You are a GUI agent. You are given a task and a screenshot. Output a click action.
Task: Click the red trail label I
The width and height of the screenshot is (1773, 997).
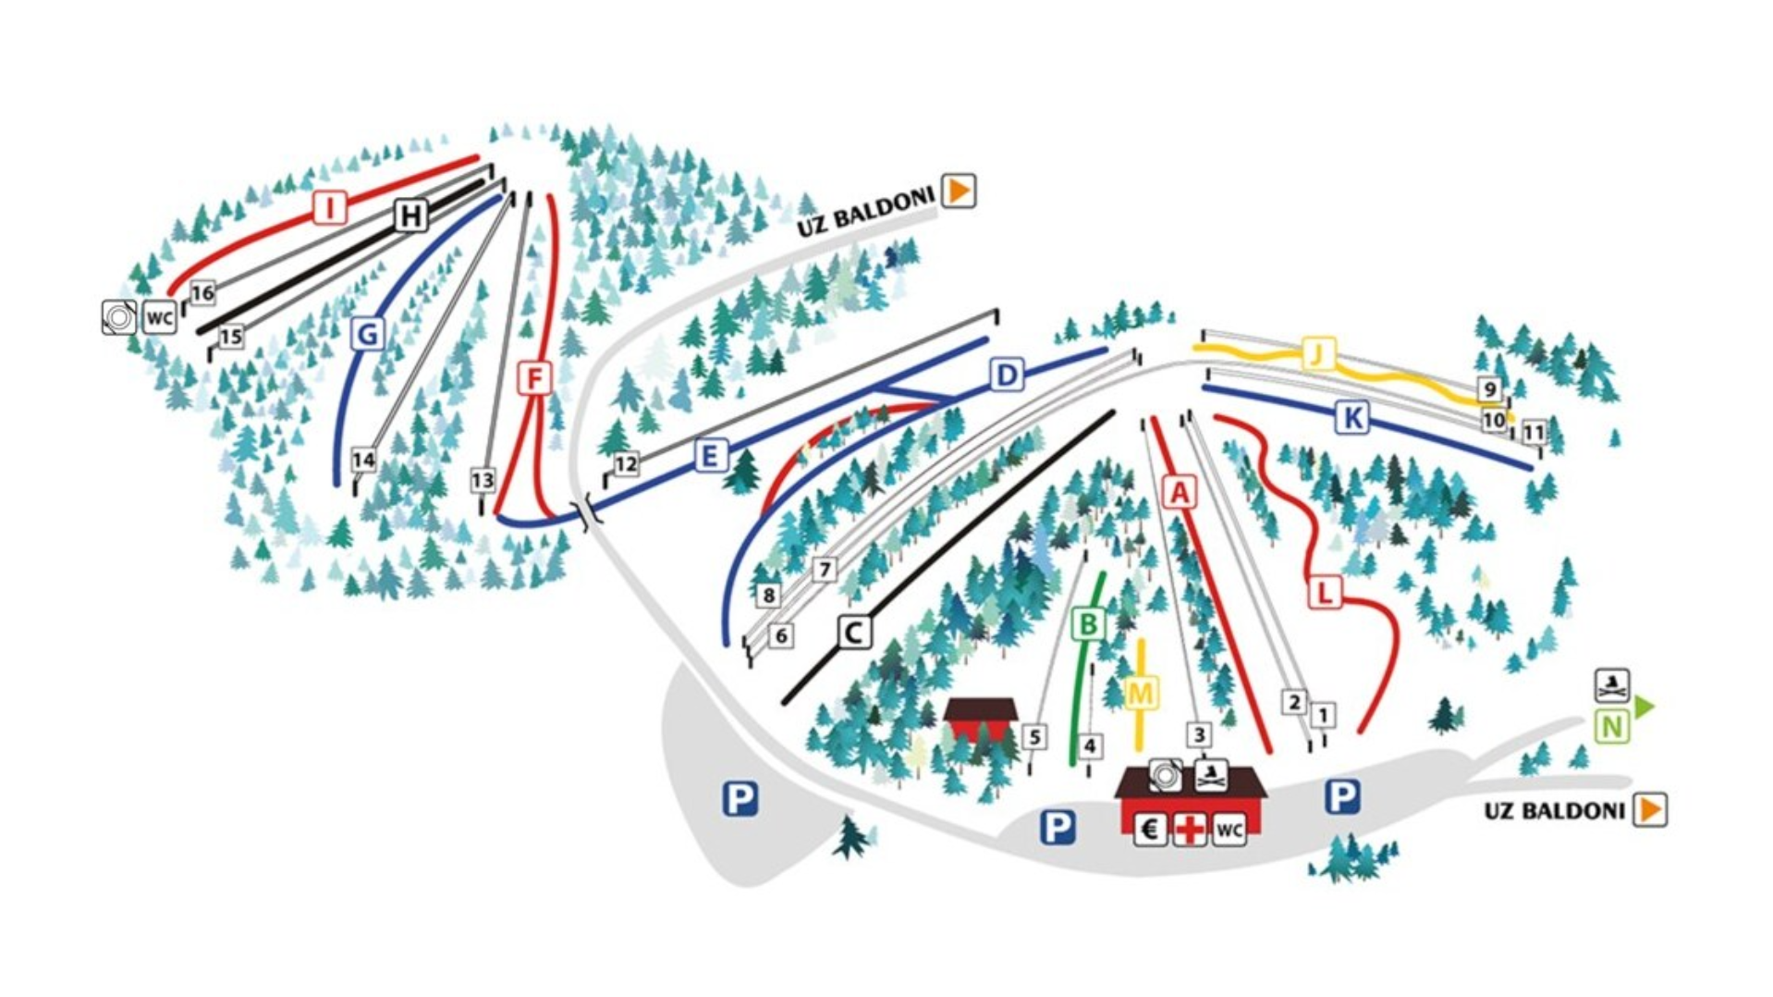point(329,207)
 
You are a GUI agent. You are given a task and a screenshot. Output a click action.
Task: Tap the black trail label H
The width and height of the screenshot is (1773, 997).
point(410,215)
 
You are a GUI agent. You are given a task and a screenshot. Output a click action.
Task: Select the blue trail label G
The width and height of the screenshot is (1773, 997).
point(367,333)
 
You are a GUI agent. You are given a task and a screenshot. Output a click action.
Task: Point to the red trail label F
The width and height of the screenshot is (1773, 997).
point(534,378)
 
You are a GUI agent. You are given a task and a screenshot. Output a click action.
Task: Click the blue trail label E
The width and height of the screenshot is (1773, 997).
point(709,455)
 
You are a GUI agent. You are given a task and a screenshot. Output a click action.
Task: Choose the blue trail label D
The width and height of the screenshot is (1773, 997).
point(1007,375)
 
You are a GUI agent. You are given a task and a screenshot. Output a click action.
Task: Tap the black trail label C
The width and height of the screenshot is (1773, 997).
point(854,633)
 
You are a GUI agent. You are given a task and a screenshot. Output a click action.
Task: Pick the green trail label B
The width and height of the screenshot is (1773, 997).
point(1088,625)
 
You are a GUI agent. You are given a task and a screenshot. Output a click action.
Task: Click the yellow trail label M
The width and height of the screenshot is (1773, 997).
point(1141,693)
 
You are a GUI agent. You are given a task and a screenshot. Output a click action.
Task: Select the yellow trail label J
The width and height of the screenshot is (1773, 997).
point(1318,353)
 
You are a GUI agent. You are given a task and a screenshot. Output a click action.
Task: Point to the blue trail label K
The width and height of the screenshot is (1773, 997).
point(1351,418)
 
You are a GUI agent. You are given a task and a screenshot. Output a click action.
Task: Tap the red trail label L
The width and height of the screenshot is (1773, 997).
point(1325,592)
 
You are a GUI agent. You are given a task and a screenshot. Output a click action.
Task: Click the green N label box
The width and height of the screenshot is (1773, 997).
point(1611,727)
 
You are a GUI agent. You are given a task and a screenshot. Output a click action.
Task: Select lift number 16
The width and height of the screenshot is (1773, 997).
point(202,293)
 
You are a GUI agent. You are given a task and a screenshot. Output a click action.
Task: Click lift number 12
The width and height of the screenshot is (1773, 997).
point(626,463)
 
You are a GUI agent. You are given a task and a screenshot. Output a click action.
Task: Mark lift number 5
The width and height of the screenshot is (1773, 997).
point(1034,737)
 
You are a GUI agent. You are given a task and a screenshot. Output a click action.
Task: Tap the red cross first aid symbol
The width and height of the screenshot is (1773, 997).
point(1190,829)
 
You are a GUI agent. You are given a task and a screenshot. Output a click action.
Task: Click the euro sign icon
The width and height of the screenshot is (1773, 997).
point(1149,829)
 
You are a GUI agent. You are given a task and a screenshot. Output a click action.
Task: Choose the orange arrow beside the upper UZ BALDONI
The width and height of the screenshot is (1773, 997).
point(959,191)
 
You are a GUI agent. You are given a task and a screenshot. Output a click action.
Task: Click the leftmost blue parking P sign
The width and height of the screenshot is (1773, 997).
point(740,798)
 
